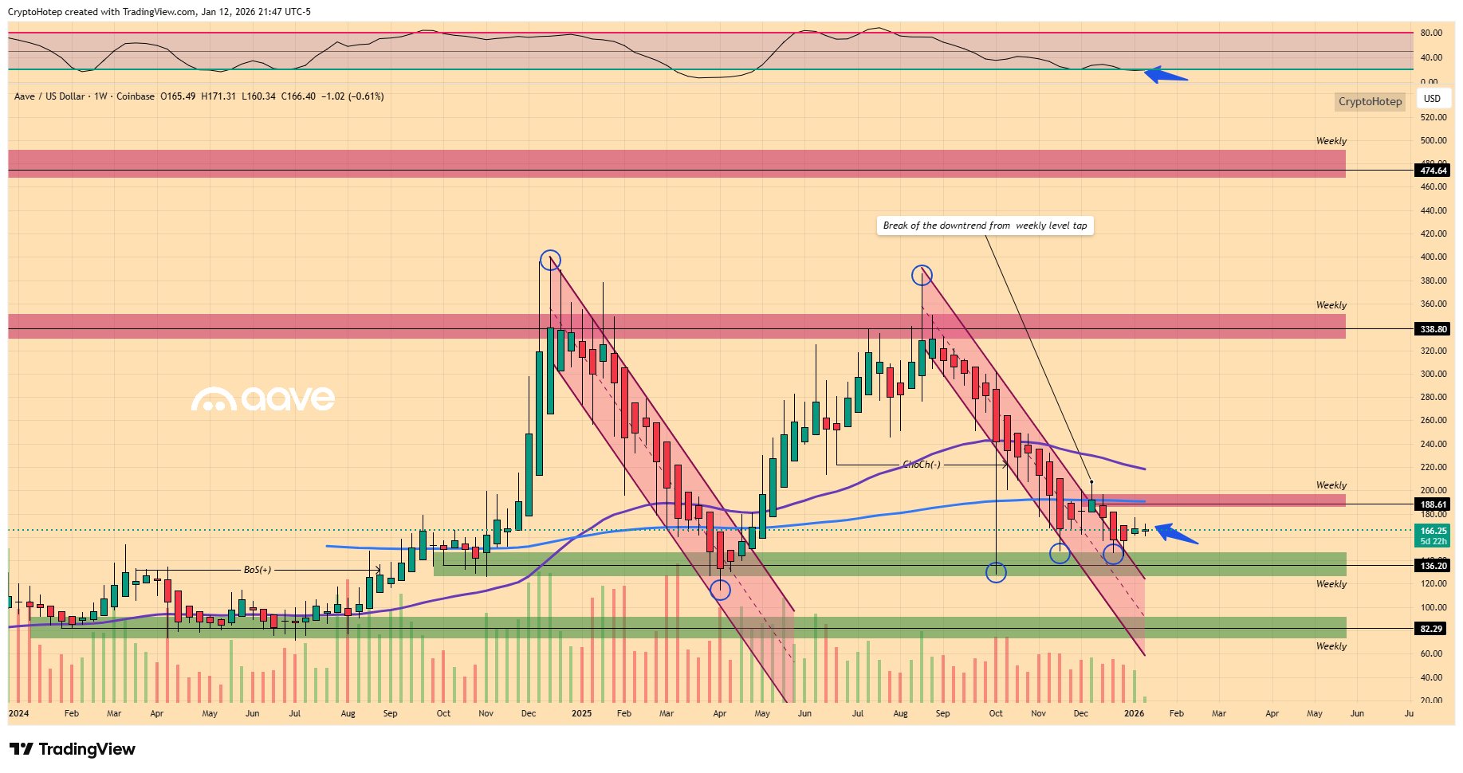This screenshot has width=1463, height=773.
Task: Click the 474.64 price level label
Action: (x=1433, y=171)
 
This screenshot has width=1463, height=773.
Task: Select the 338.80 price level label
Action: (x=1433, y=329)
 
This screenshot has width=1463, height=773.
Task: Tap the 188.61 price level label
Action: (x=1433, y=504)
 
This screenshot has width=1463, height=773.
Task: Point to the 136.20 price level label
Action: (x=1433, y=566)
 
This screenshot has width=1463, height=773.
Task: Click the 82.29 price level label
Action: (x=1432, y=629)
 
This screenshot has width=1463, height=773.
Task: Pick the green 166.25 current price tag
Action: (x=1433, y=531)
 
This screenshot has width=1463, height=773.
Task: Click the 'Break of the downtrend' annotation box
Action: (x=985, y=226)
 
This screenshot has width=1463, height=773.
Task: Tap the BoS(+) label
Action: (x=258, y=570)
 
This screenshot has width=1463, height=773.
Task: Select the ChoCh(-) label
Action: (x=922, y=465)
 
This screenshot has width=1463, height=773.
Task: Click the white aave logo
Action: (x=263, y=398)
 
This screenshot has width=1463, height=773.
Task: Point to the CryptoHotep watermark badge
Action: (x=1369, y=101)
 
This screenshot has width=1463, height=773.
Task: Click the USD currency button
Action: (x=1432, y=99)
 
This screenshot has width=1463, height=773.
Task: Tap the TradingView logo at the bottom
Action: (x=73, y=749)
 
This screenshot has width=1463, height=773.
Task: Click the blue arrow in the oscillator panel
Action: (x=1166, y=76)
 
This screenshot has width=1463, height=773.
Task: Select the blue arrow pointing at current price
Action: (x=1176, y=533)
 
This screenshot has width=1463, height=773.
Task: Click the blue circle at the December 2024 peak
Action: (x=550, y=260)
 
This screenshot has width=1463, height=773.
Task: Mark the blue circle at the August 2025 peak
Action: (x=922, y=275)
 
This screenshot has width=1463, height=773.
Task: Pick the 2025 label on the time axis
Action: (x=581, y=713)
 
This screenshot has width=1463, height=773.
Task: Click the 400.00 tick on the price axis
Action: (x=1433, y=257)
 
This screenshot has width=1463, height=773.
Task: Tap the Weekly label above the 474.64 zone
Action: (x=1331, y=141)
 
